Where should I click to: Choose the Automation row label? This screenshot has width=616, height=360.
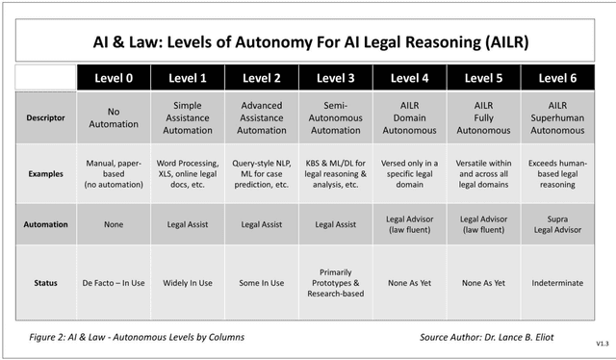tap(45, 223)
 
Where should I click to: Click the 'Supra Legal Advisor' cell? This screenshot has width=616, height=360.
tap(558, 223)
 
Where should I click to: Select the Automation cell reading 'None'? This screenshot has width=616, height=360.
tap(115, 223)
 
